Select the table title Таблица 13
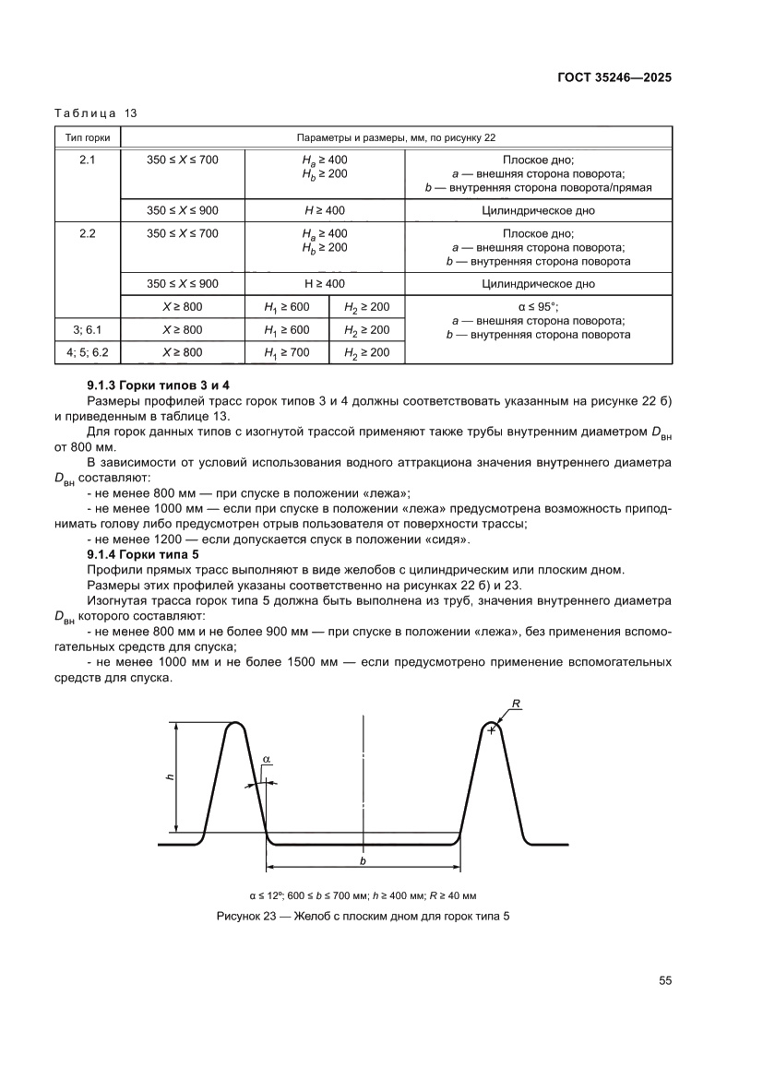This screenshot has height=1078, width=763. (x=95, y=113)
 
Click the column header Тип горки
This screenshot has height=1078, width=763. (x=87, y=137)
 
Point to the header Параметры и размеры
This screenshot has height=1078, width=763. (x=396, y=137)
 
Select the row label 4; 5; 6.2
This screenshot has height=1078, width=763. (x=87, y=352)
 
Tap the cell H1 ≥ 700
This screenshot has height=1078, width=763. (x=286, y=352)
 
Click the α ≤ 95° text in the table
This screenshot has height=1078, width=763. (x=539, y=307)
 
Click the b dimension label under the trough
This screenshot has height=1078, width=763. (x=363, y=859)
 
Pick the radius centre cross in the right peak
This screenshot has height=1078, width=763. (x=492, y=730)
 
